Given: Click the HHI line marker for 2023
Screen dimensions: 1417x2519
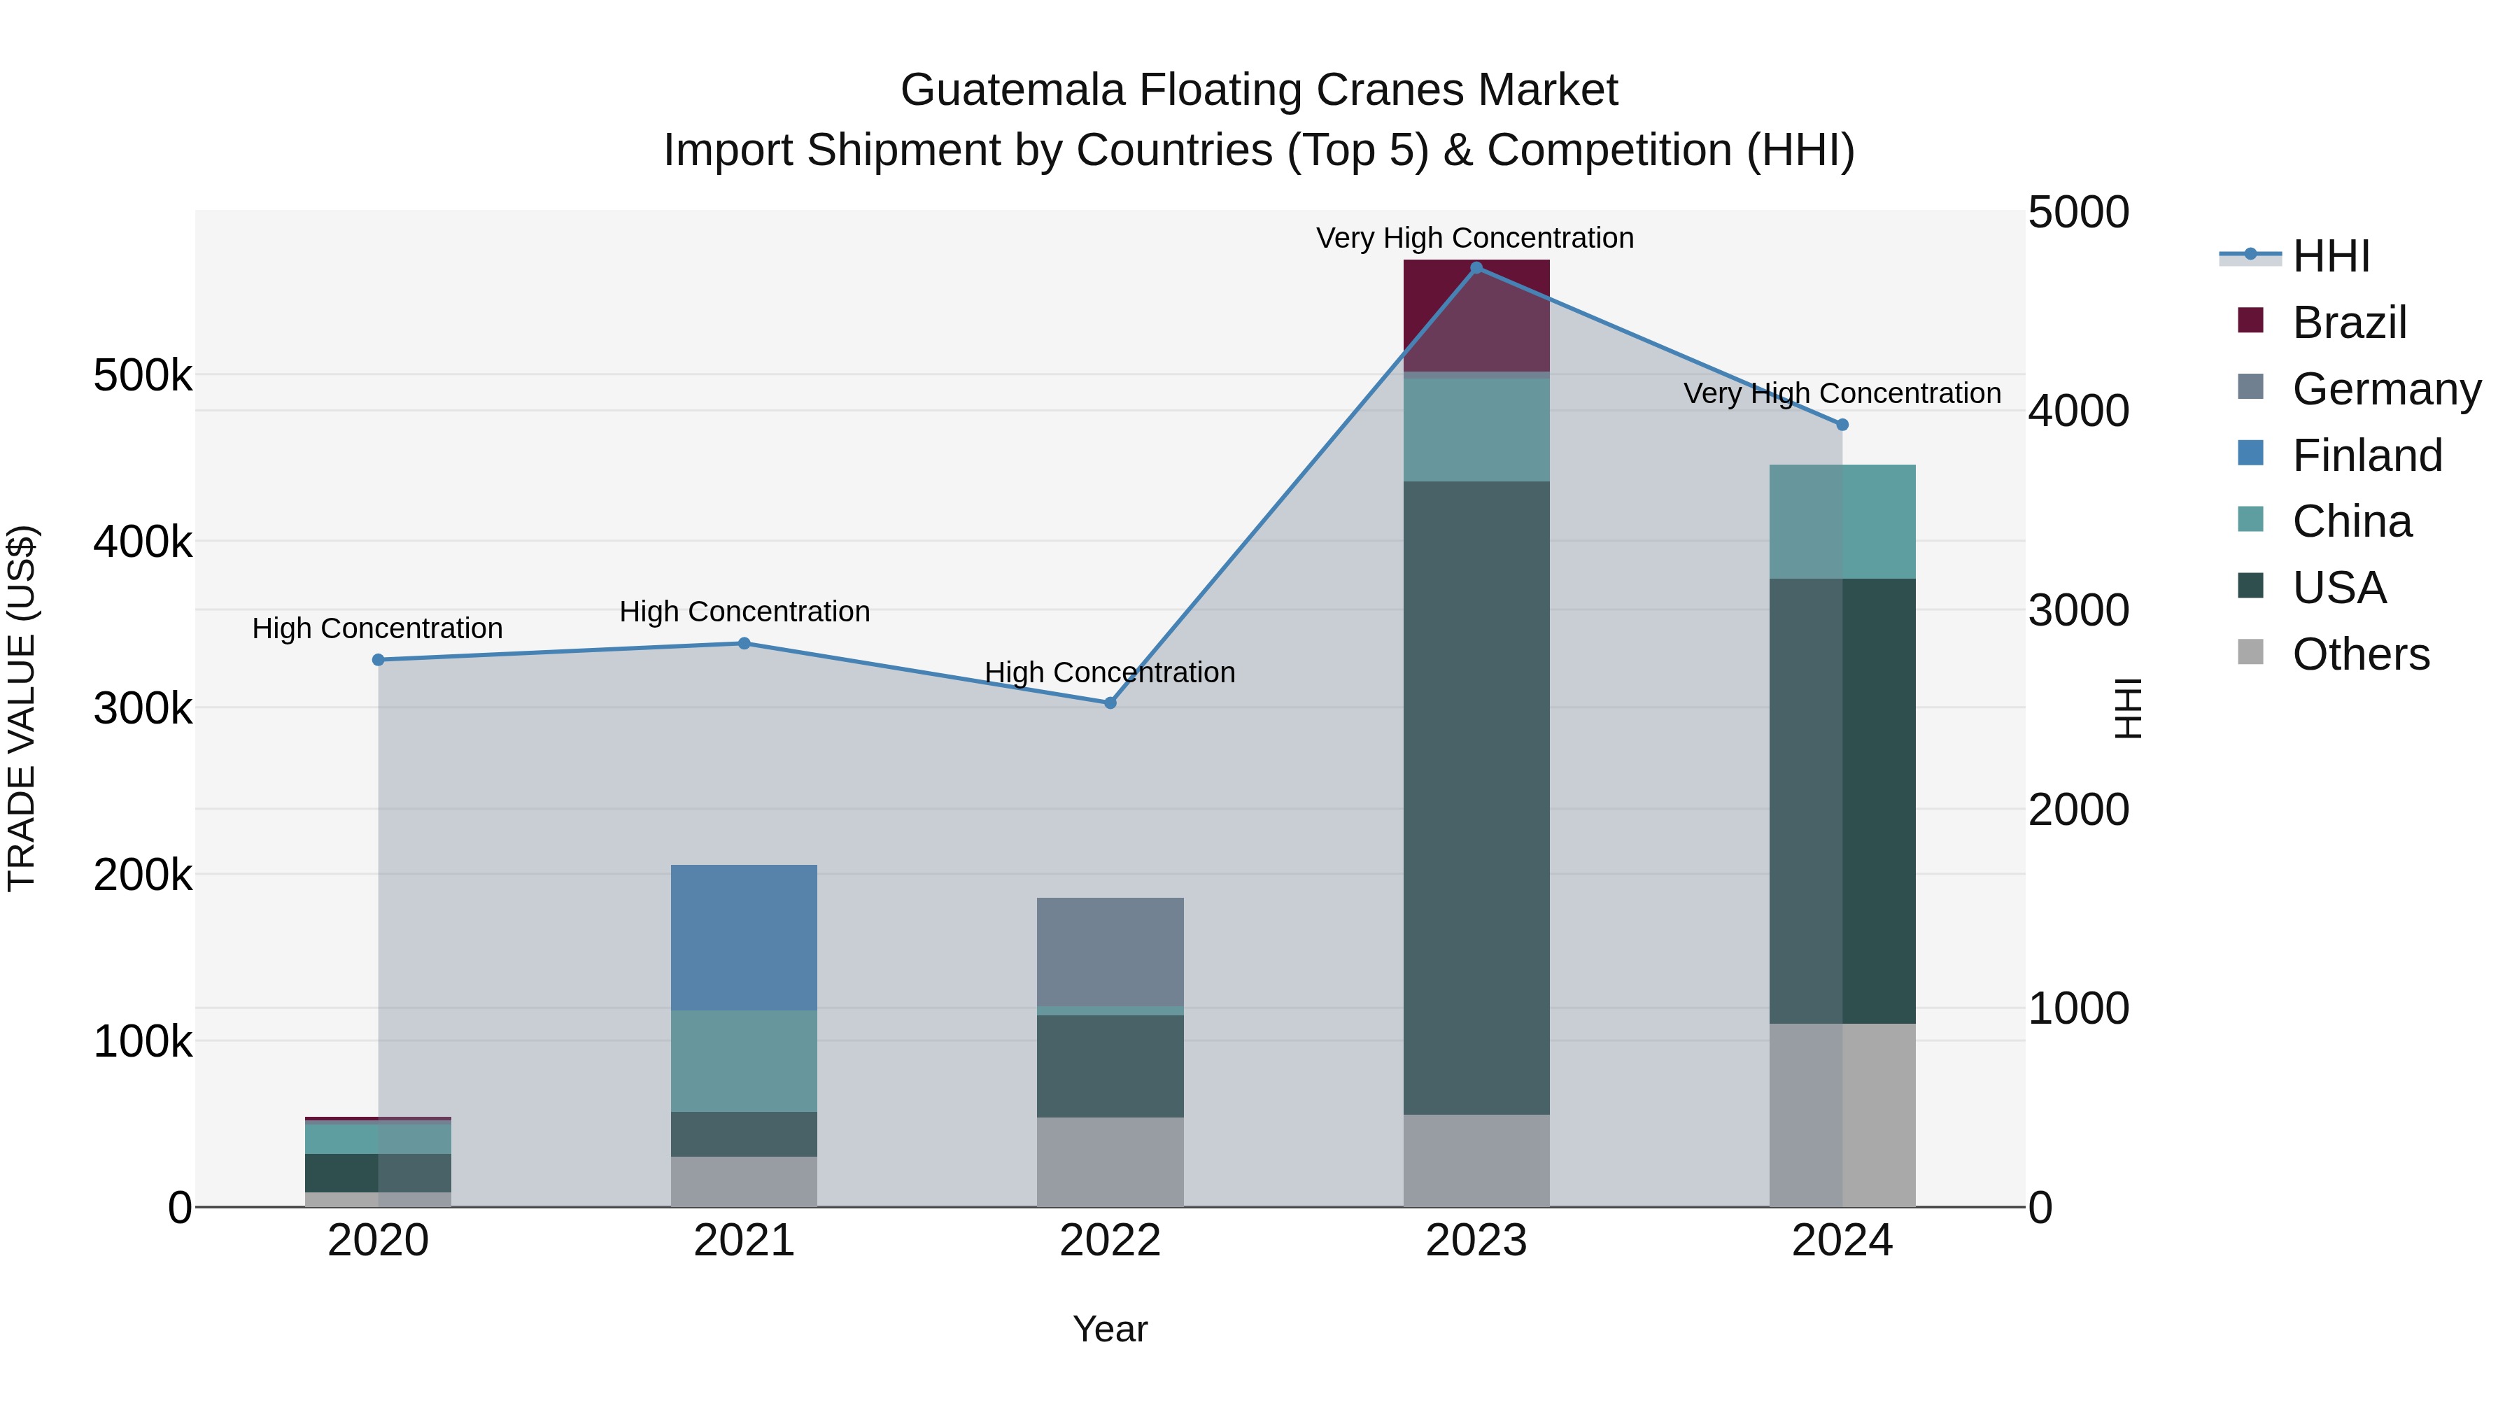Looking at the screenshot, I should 1476,268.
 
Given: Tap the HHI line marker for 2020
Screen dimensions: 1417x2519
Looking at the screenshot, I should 379,660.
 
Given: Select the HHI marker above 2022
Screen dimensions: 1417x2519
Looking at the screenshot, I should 1110,703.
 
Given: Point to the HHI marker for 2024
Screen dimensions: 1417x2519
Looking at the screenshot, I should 1842,425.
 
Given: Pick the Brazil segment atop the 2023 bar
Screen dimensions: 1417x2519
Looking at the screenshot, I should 1476,315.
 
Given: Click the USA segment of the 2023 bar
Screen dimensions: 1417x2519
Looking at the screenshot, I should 1476,797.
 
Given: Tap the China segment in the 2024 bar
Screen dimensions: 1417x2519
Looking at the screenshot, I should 1842,521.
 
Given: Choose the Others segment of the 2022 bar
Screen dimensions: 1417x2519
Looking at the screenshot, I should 1110,1162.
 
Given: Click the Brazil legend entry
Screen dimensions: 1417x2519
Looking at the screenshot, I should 2349,323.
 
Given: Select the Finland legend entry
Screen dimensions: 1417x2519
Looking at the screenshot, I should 2366,456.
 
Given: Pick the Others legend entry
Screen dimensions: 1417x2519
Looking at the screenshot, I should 2361,654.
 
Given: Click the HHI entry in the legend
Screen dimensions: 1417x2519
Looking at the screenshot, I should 2330,256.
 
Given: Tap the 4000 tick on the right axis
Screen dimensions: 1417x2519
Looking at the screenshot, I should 2078,411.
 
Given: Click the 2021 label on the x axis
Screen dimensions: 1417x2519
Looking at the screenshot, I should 745,1241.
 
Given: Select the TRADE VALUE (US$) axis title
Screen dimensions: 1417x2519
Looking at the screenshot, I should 22,708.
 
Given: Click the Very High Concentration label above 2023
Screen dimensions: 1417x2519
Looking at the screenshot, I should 1474,238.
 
